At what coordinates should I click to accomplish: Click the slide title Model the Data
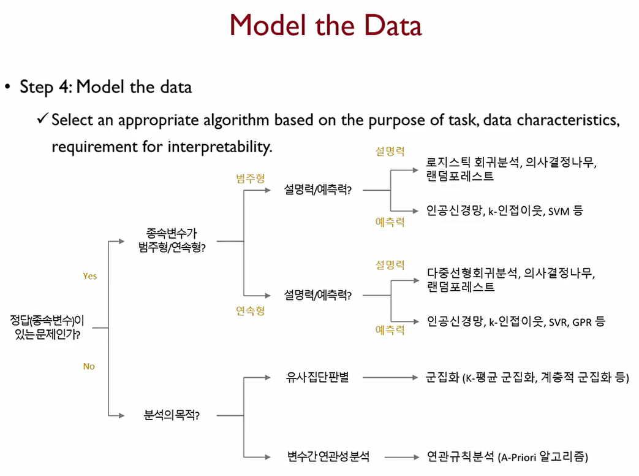click(325, 26)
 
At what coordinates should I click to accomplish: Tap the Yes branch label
click(90, 276)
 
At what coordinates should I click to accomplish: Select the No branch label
click(89, 366)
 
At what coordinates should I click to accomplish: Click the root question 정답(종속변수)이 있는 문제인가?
click(47, 328)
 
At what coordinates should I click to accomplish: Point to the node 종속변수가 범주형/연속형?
click(172, 241)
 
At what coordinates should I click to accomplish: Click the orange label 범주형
click(251, 178)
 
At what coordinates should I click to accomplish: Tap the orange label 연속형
click(251, 310)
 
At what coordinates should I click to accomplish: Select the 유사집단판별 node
click(317, 377)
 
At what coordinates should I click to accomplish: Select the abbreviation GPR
click(581, 321)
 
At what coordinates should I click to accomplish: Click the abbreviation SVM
click(559, 211)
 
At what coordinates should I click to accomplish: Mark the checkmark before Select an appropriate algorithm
click(42, 119)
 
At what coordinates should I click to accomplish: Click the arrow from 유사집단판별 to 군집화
click(388, 377)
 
